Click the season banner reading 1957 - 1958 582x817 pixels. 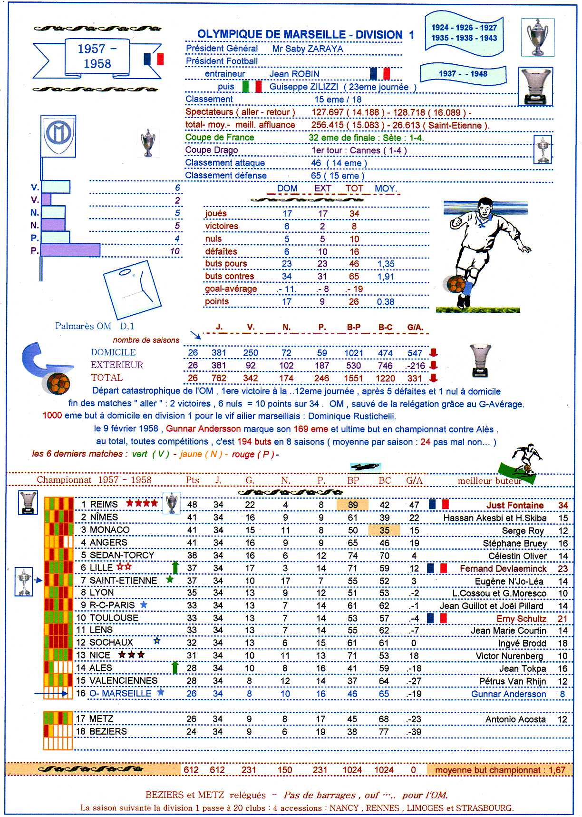[97, 57]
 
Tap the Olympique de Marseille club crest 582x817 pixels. [58, 136]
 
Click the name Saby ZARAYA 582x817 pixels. [307, 49]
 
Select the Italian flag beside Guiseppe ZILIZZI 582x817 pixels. [252, 87]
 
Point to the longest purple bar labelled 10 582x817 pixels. [70, 250]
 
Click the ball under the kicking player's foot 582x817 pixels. [455, 284]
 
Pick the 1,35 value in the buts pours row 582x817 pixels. [386, 264]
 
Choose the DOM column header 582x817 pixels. [287, 189]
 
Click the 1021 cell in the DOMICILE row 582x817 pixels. [354, 353]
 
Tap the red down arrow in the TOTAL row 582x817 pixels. [433, 378]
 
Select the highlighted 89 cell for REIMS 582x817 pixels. [352, 505]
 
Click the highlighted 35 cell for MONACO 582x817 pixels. [384, 530]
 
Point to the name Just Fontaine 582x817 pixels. [515, 505]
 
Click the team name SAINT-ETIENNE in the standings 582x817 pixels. [123, 580]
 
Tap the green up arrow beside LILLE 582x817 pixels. [175, 567]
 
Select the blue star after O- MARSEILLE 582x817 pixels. [161, 692]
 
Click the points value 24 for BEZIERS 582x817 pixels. [192, 731]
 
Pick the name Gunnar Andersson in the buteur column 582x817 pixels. [508, 694]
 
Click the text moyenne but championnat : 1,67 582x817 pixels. [500, 770]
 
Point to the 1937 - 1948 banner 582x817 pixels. [463, 74]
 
